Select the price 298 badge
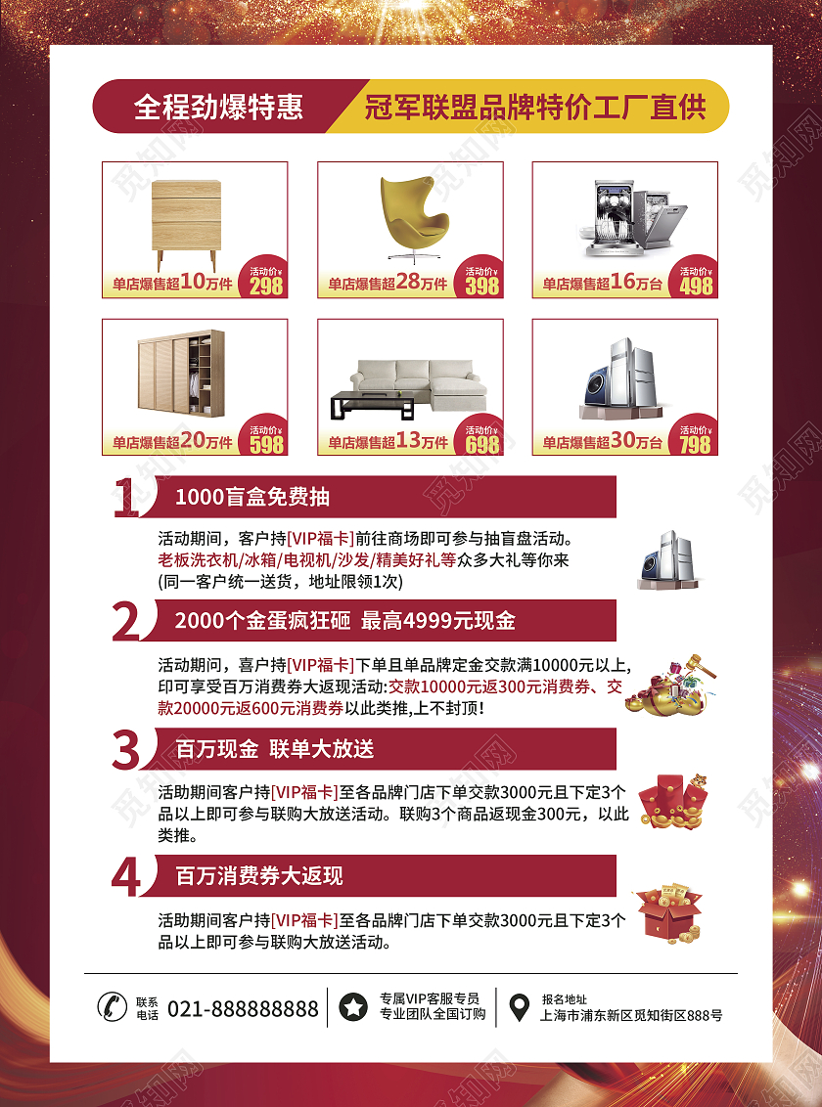click(265, 277)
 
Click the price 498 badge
click(696, 277)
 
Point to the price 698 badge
click(480, 435)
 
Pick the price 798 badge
click(696, 435)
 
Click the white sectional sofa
click(421, 383)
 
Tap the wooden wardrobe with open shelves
click(181, 373)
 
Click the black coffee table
click(373, 405)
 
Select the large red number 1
click(126, 497)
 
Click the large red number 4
click(126, 877)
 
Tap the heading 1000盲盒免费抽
click(252, 497)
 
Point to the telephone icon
click(112, 1006)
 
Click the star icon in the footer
click(353, 1006)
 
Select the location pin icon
click(519, 1007)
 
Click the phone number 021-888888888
click(243, 1009)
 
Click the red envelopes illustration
click(672, 801)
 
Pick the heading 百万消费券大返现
click(259, 876)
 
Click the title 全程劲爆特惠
click(218, 107)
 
